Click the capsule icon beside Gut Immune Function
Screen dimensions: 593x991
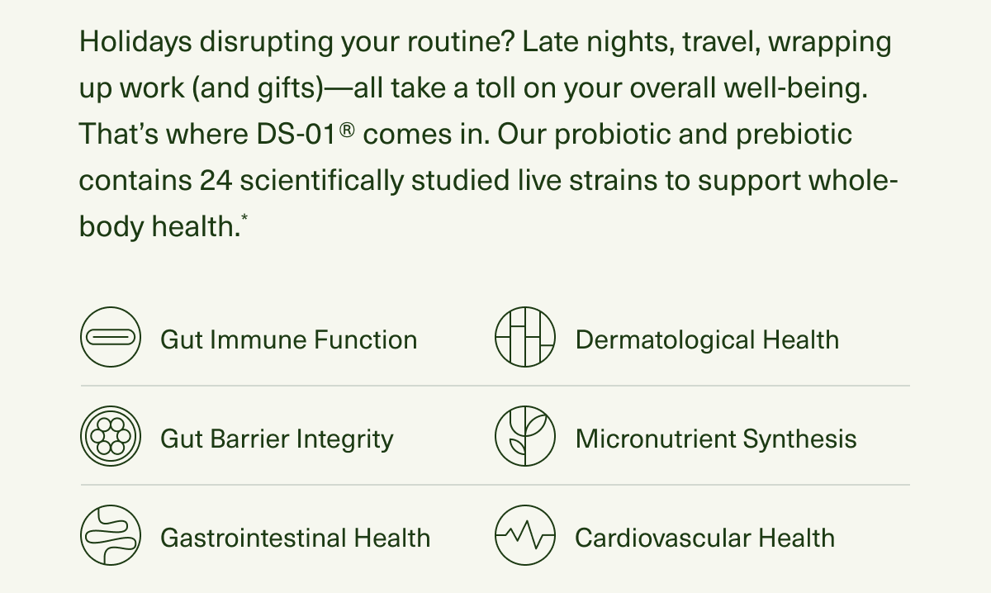pyautogui.click(x=110, y=338)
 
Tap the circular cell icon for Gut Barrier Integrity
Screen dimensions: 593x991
pyautogui.click(x=110, y=437)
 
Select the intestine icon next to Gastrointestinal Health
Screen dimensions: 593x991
pyautogui.click(x=110, y=536)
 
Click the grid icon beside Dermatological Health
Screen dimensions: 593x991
pyautogui.click(x=524, y=338)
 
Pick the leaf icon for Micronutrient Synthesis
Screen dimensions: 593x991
pyautogui.click(x=524, y=437)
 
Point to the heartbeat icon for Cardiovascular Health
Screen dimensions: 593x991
pyautogui.click(x=524, y=536)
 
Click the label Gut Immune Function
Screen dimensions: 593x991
pyautogui.click(x=288, y=339)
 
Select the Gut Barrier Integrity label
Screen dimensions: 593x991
pyautogui.click(x=277, y=439)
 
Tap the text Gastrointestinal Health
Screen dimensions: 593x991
pyautogui.click(x=295, y=538)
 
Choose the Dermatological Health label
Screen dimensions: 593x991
pyautogui.click(x=707, y=339)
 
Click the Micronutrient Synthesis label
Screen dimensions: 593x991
pyautogui.click(x=716, y=439)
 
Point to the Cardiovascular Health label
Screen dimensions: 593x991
pyautogui.click(x=704, y=538)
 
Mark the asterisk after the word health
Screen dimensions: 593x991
pyautogui.click(x=244, y=219)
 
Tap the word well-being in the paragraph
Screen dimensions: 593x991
pyautogui.click(x=796, y=88)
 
